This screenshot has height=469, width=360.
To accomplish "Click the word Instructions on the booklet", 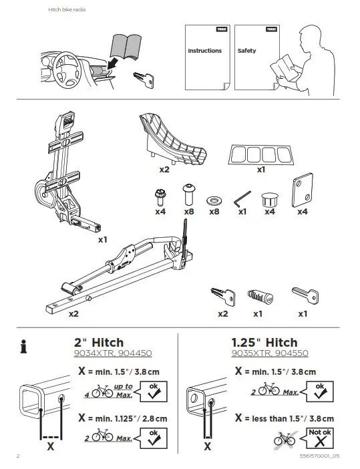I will click(204, 51).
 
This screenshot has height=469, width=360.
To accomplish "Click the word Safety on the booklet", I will click(246, 51).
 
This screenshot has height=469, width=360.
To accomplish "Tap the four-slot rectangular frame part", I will click(260, 154).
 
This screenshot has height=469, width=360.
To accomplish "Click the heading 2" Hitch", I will click(100, 343).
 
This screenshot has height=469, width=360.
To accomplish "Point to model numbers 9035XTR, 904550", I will click(269, 354).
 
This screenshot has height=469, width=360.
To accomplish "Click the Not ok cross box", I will click(319, 437).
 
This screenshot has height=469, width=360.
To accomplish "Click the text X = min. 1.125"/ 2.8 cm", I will click(122, 418).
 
